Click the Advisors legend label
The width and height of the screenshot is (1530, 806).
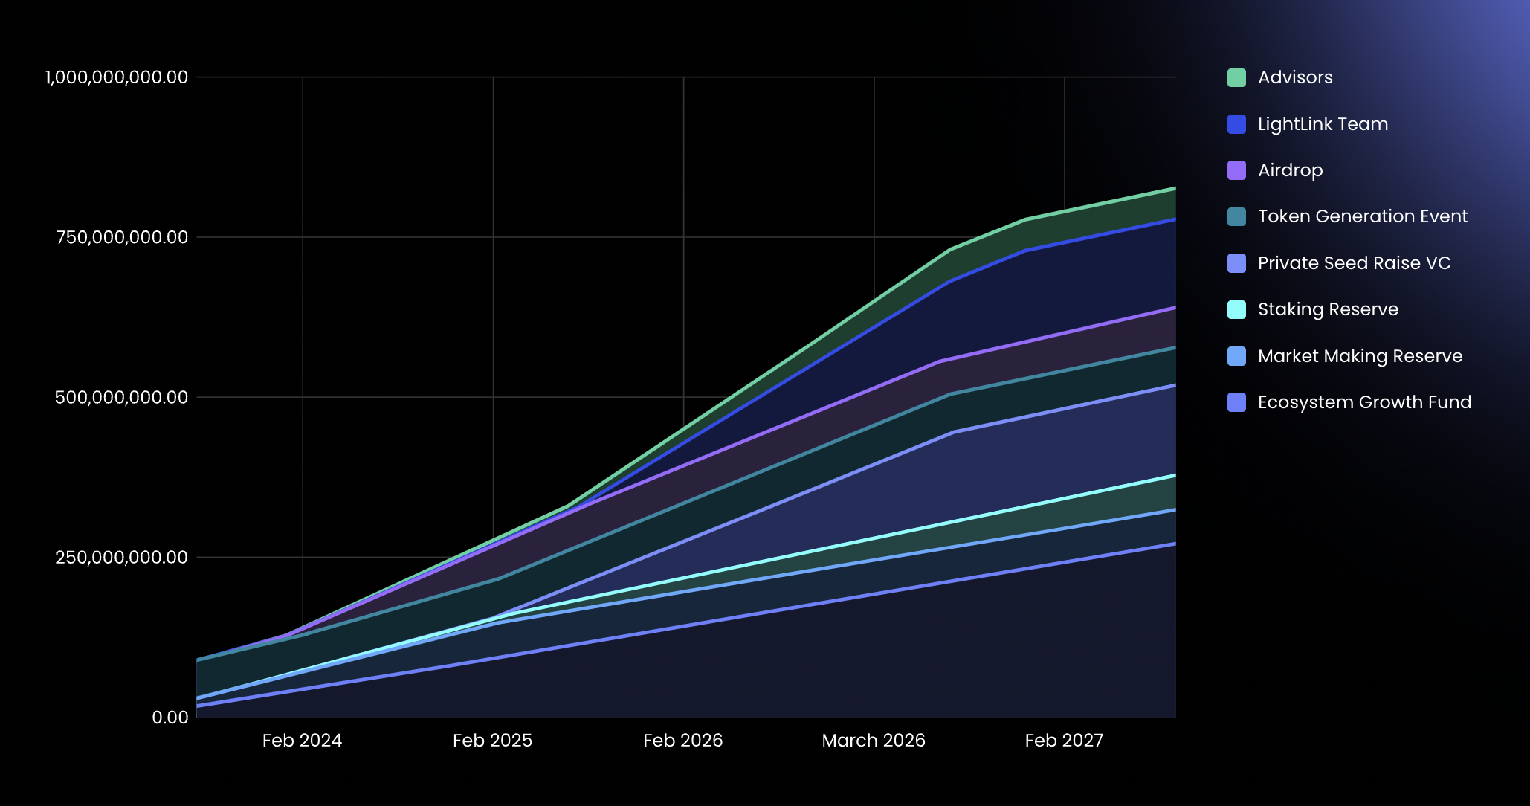[x=1294, y=77]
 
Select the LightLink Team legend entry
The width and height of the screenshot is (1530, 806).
[x=1322, y=124]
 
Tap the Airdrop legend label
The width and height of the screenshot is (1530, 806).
[x=1290, y=170]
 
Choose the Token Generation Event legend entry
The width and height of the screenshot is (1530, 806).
[x=1362, y=216]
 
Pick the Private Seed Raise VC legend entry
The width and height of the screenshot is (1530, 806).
[x=1354, y=263]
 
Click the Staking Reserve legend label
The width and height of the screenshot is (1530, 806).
[x=1328, y=309]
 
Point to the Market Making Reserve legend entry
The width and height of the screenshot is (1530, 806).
[x=1360, y=356]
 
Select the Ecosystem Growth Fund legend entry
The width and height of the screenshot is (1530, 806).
[x=1364, y=402]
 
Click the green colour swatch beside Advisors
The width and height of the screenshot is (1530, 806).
[x=1236, y=77]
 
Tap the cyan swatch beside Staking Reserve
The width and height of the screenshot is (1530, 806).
[x=1236, y=309]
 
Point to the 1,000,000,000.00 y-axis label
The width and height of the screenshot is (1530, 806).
[x=117, y=77]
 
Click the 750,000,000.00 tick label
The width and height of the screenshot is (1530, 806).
[x=122, y=237]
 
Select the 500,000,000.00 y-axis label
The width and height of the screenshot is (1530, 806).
[x=121, y=397]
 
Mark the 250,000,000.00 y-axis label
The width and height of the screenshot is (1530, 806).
[x=121, y=557]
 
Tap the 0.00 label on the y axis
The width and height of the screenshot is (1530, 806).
[x=170, y=718]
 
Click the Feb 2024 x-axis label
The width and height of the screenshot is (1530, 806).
[x=302, y=741]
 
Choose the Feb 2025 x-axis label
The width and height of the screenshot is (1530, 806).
[x=492, y=741]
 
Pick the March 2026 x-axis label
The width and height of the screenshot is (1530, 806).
[x=874, y=741]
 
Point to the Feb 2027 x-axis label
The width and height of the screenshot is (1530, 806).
[x=1064, y=741]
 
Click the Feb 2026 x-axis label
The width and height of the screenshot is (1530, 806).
[x=682, y=741]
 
